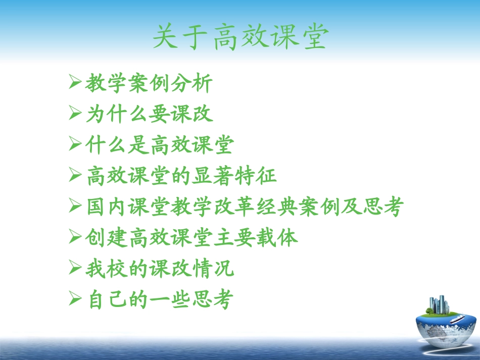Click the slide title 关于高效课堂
240,38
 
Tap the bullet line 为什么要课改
149,114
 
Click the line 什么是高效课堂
160,145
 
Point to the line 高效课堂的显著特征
181,176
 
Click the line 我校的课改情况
160,269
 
